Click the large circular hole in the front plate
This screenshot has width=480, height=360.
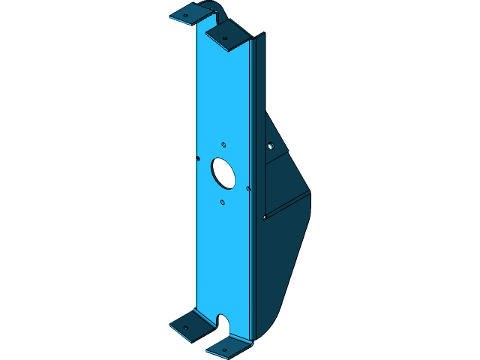click(223, 172)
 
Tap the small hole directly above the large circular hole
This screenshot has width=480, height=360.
click(223, 144)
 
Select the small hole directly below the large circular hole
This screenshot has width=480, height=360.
click(223, 202)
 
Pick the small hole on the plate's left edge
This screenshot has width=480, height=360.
click(197, 158)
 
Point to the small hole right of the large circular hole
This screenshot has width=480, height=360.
click(248, 187)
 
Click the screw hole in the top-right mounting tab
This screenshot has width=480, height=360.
click(224, 37)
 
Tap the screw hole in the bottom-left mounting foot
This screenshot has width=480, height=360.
click(186, 328)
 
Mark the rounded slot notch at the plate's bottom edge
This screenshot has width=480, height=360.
click(223, 324)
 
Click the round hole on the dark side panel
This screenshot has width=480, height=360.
click(271, 145)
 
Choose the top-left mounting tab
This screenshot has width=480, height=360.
click(191, 13)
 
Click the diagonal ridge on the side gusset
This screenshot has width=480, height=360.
click(289, 204)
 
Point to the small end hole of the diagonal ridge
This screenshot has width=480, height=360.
click(265, 217)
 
